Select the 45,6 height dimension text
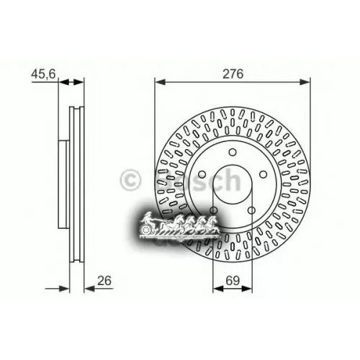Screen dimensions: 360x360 (x=43, y=73)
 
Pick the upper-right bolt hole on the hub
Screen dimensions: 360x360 (x=261, y=174)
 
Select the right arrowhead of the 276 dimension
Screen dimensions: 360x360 (x=309, y=83)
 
